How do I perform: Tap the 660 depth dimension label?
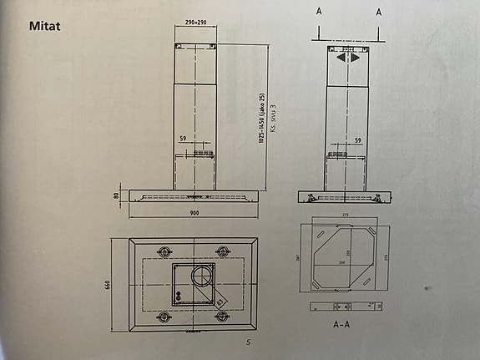click(109, 284)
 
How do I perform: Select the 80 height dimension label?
click(116, 196)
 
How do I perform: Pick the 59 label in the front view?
click(183, 139)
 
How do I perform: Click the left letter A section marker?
click(319, 13)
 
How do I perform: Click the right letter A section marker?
click(378, 13)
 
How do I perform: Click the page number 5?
click(247, 343)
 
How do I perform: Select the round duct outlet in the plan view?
click(202, 278)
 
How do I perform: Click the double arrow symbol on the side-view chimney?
click(347, 58)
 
